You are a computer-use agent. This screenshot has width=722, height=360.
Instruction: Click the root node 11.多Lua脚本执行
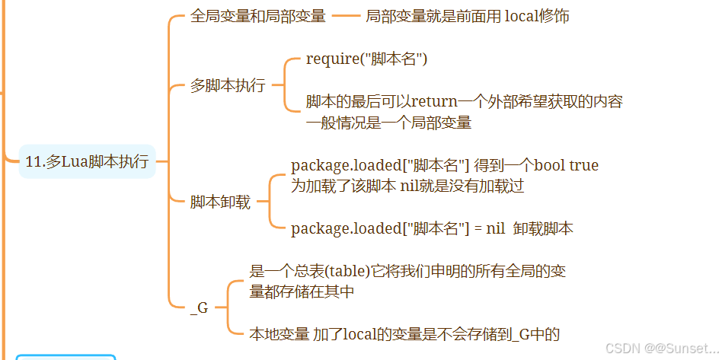(87, 161)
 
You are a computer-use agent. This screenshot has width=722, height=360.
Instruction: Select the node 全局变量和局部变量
(257, 17)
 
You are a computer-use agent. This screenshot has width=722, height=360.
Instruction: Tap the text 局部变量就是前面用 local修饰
(467, 17)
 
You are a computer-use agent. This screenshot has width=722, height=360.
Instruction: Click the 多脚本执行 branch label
(228, 85)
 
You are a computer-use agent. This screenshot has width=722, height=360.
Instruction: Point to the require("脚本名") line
(366, 59)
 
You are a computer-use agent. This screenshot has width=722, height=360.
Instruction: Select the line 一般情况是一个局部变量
(388, 123)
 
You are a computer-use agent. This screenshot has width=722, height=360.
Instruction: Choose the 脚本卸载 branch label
(220, 202)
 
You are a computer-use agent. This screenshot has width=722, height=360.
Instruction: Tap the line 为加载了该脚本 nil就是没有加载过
(407, 185)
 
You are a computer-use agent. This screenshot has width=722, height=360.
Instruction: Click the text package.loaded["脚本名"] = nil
(398, 228)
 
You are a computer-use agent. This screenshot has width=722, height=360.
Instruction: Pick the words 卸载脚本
(543, 228)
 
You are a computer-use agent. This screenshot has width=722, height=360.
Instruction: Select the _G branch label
(199, 308)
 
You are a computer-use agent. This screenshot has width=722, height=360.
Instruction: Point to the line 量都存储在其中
(302, 292)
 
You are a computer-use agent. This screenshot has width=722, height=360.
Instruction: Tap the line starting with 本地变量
(404, 333)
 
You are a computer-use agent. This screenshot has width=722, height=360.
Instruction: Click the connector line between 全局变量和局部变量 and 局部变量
(346, 17)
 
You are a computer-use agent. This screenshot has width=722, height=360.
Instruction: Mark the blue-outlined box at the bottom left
(65, 357)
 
